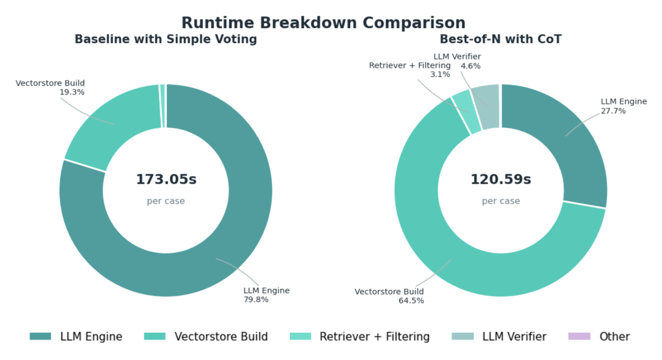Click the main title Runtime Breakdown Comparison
pyautogui.click(x=323, y=23)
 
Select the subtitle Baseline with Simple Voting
pyautogui.click(x=165, y=39)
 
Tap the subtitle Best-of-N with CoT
pyautogui.click(x=500, y=39)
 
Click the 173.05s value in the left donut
pyautogui.click(x=166, y=179)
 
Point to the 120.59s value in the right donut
pyautogui.click(x=500, y=179)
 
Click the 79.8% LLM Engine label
pyautogui.click(x=266, y=295)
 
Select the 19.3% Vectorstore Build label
pyautogui.click(x=50, y=87)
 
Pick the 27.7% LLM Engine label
pyautogui.click(x=623, y=106)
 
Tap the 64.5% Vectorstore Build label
pyautogui.click(x=389, y=296)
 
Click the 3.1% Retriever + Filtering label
pyautogui.click(x=410, y=70)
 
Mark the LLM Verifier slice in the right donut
pyautogui.click(x=487, y=106)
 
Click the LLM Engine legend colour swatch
pyautogui.click(x=40, y=337)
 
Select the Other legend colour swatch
pyautogui.click(x=579, y=337)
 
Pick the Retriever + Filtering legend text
pyautogui.click(x=374, y=337)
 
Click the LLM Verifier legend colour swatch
pyautogui.click(x=462, y=337)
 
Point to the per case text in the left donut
pyautogui.click(x=166, y=201)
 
